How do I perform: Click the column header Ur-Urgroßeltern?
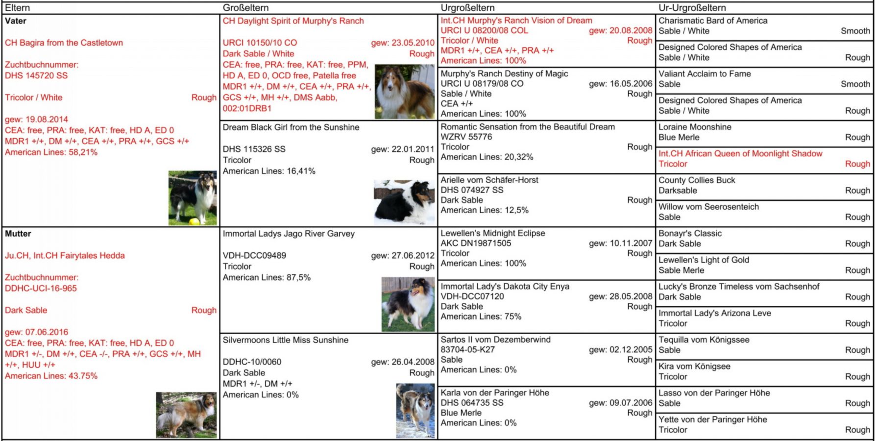692,8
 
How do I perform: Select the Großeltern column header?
245,8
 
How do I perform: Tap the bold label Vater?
16,21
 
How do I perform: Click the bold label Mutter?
18,234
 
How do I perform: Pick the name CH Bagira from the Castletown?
64,43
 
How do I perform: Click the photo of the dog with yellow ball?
193,198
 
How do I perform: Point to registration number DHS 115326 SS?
254,149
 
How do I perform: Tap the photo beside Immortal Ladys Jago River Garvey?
408,304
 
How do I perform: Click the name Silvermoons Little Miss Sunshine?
286,340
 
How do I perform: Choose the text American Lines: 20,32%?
486,157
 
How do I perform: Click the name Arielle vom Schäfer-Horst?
489,180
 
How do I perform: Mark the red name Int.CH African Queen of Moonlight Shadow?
740,153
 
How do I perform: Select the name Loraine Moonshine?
695,127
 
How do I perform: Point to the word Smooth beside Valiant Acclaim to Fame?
855,84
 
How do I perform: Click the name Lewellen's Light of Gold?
704,260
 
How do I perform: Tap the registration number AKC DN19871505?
475,243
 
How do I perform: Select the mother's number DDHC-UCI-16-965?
41,288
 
